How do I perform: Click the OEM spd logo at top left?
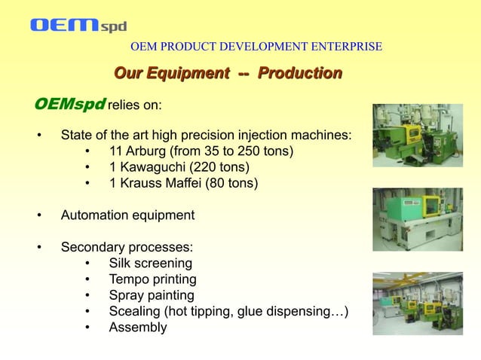[78, 26]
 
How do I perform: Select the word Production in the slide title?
[300, 73]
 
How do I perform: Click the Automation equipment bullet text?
[127, 215]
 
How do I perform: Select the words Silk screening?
[150, 264]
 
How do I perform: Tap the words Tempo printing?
[152, 279]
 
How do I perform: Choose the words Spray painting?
[152, 295]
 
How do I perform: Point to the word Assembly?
[138, 328]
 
